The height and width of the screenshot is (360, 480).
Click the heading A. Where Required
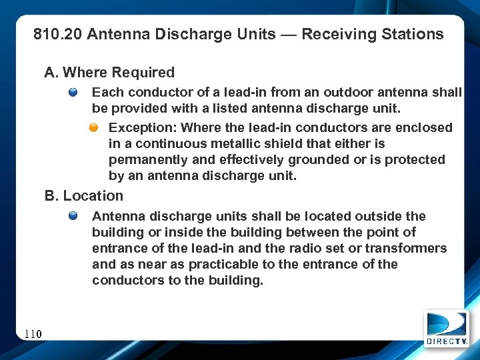click(109, 73)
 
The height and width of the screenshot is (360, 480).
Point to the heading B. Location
click(84, 196)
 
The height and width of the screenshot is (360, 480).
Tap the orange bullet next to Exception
click(95, 127)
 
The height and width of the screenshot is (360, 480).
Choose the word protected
click(411, 159)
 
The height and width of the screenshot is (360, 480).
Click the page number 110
click(33, 333)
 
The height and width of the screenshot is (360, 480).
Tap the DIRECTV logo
click(447, 329)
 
